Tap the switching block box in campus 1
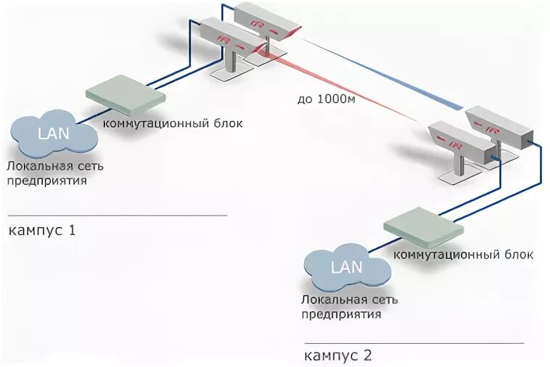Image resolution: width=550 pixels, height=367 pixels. tap(126, 88)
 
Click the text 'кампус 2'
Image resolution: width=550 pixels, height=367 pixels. tap(338, 355)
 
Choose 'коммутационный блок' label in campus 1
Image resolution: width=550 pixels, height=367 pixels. tap(173, 123)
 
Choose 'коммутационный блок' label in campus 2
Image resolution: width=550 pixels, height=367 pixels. tap(463, 255)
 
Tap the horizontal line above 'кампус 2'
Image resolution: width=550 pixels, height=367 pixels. tap(414, 342)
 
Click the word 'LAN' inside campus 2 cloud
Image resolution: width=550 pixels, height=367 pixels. tap(346, 266)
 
